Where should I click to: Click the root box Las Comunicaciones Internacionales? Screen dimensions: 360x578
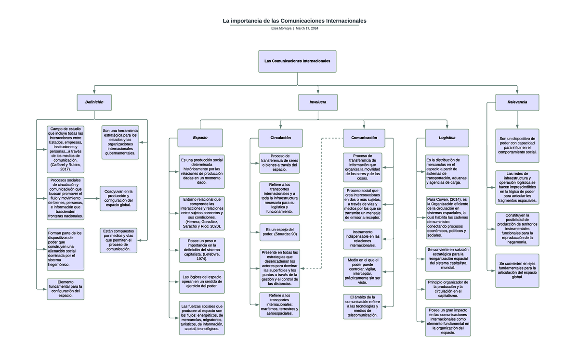(x=297, y=61)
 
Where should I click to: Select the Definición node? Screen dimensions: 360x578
(x=94, y=103)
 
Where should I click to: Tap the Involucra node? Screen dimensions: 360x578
(x=318, y=103)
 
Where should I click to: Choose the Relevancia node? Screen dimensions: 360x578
(x=517, y=103)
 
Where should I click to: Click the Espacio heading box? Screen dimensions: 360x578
(x=200, y=138)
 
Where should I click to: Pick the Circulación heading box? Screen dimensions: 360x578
(x=280, y=138)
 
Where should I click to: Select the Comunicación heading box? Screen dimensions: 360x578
(x=364, y=138)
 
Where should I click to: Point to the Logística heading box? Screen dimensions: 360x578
(x=447, y=138)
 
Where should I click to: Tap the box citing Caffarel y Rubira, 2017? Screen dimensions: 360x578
(x=66, y=149)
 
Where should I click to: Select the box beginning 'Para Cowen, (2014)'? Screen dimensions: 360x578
(x=447, y=218)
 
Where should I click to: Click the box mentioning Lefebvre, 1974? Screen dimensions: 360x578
(x=201, y=249)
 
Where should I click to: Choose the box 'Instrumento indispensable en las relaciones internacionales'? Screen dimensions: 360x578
(x=363, y=239)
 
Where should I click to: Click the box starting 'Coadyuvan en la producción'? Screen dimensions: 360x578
(x=118, y=198)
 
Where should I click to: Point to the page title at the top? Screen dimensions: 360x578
(x=294, y=21)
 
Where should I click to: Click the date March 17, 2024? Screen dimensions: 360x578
(x=307, y=29)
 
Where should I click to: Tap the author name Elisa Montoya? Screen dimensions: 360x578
(x=281, y=29)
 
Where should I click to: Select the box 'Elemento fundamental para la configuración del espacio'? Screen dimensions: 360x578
(x=66, y=289)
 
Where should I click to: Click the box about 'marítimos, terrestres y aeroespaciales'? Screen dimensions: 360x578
(x=279, y=304)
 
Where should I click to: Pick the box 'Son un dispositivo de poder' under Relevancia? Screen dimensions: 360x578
(x=517, y=145)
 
